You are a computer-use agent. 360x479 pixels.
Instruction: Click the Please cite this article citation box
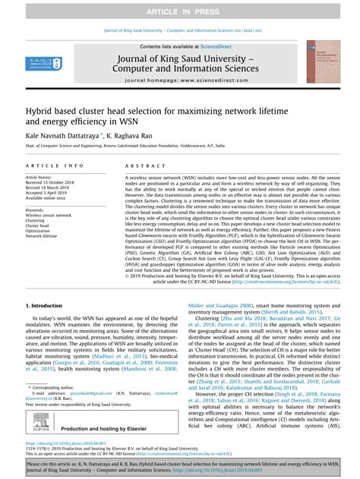(180, 465)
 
